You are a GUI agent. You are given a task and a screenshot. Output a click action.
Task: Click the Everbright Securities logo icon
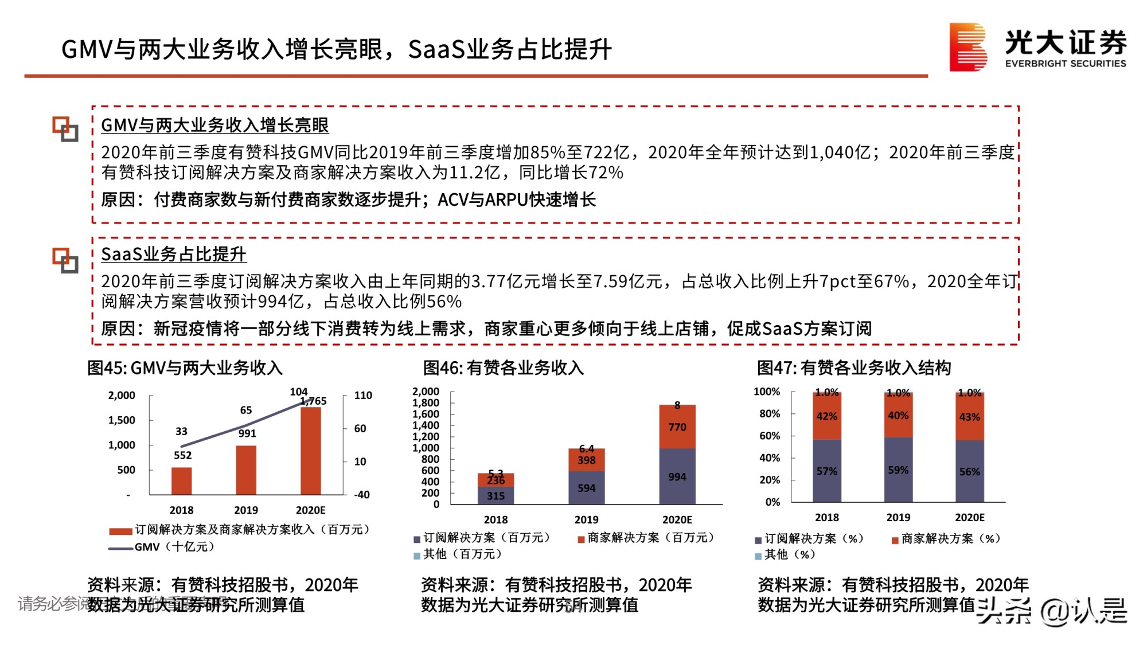[968, 47]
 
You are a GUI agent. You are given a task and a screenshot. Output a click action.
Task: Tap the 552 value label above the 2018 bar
[182, 455]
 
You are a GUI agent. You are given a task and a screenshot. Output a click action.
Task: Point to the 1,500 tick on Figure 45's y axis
[122, 420]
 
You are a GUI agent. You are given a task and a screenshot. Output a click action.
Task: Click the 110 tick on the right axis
[362, 395]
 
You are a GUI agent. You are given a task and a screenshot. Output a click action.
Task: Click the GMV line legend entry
[162, 547]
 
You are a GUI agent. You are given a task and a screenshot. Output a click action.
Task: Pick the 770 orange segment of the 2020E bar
[677, 427]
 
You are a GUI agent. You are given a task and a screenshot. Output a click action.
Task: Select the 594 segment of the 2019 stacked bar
[586, 488]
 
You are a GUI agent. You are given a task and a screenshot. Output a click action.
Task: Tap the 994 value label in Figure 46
[677, 477]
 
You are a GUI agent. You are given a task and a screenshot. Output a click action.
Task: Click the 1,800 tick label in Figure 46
[426, 403]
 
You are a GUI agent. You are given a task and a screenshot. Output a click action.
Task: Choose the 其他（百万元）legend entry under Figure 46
[458, 554]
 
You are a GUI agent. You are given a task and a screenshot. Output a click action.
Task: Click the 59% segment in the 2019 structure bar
[898, 470]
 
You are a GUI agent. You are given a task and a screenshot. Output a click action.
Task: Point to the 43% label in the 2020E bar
[969, 417]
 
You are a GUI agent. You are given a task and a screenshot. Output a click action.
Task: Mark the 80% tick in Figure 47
[769, 414]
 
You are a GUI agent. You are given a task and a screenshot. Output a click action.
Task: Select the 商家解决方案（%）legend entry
[946, 539]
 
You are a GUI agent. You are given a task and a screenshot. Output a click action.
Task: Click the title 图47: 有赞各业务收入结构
[853, 368]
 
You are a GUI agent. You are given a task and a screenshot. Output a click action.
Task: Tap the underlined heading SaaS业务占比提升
[173, 254]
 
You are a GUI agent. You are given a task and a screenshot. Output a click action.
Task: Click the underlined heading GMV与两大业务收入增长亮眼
[214, 125]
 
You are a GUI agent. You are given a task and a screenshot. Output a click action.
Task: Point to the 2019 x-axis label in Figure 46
[586, 519]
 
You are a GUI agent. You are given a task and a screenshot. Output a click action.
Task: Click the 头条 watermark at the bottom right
[1004, 611]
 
